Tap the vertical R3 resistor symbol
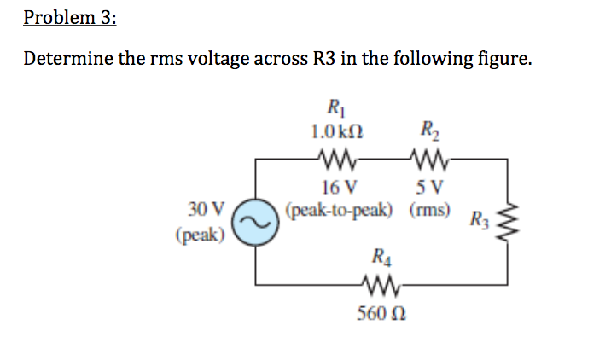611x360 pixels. point(510,220)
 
